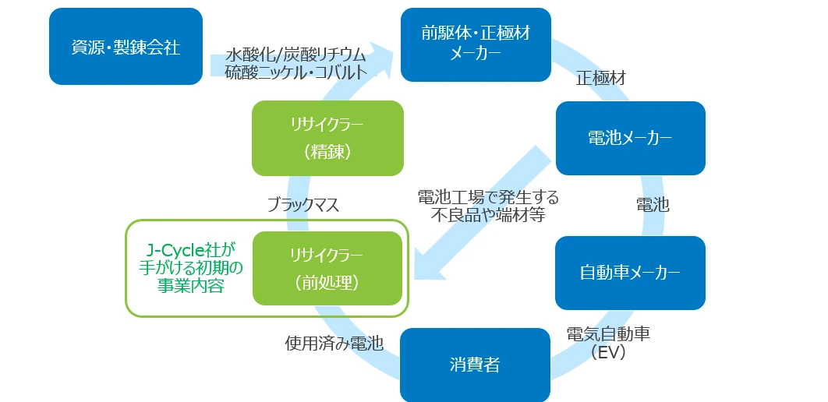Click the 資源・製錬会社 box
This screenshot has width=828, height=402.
(126, 47)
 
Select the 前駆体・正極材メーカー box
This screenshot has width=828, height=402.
(475, 44)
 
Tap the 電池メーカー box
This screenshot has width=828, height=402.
(630, 138)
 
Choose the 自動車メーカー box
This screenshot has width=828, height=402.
(630, 273)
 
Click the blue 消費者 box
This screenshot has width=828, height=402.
(475, 365)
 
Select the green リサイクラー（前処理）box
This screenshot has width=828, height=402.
(327, 269)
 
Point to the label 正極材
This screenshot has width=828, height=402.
(600, 79)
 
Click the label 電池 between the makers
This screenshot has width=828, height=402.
(653, 205)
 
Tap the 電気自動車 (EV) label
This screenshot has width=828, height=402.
(608, 342)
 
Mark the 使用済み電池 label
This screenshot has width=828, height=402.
(334, 344)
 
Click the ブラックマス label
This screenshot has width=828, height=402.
(303, 205)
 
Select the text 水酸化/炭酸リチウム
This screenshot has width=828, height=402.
(295, 55)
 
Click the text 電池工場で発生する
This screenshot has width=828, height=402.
(488, 196)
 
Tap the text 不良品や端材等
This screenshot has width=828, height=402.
(488, 214)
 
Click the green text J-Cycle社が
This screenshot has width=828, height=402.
(190, 250)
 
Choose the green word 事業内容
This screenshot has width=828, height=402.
(190, 286)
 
